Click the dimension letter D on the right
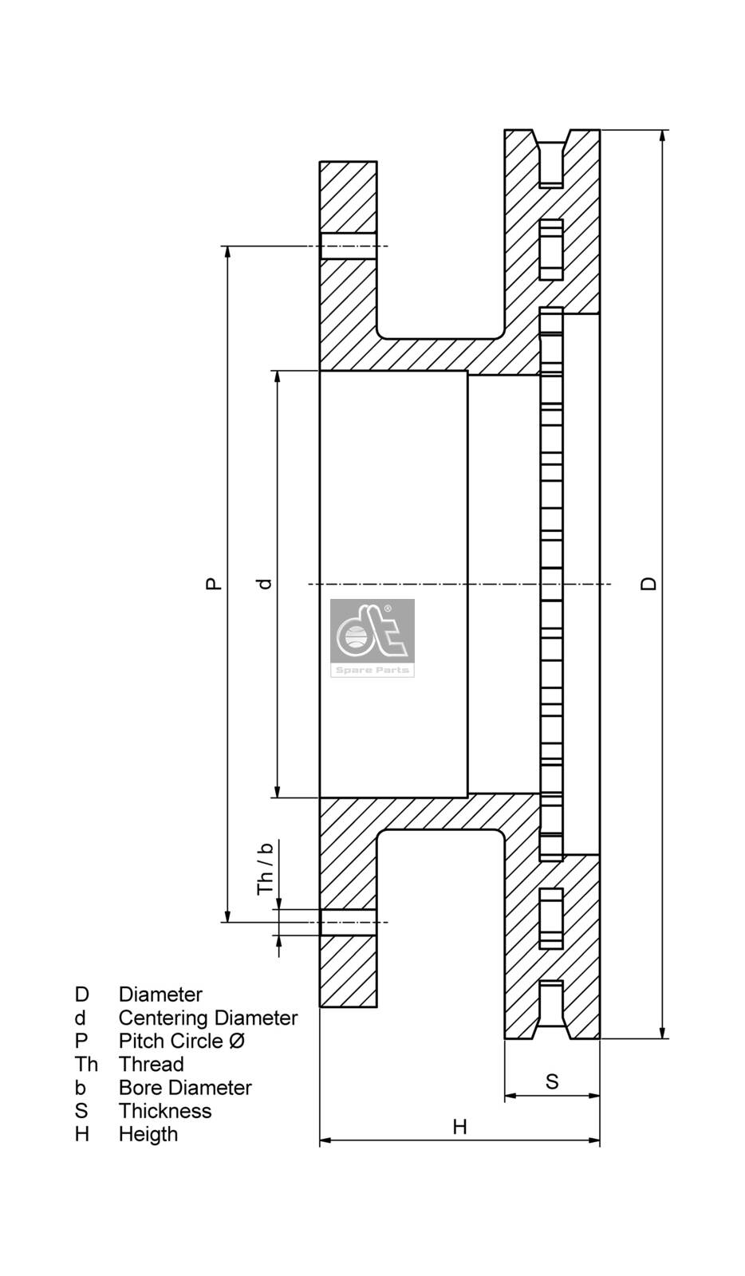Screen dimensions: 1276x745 click(650, 584)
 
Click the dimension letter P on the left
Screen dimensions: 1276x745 click(213, 584)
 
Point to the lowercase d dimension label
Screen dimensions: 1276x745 click(266, 584)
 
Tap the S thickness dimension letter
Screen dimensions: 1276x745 click(552, 1081)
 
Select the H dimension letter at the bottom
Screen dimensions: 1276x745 click(460, 1127)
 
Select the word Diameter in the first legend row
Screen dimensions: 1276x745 click(160, 994)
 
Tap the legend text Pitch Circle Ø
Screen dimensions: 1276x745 click(182, 1041)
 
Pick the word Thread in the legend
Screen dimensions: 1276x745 click(151, 1064)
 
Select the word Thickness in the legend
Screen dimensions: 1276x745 click(165, 1111)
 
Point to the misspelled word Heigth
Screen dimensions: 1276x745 click(148, 1134)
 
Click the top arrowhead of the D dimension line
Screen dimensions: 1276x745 click(663, 136)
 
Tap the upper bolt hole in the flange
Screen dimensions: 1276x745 click(348, 246)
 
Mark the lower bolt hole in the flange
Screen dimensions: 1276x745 click(348, 923)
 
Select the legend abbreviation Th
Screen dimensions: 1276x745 click(86, 1064)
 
